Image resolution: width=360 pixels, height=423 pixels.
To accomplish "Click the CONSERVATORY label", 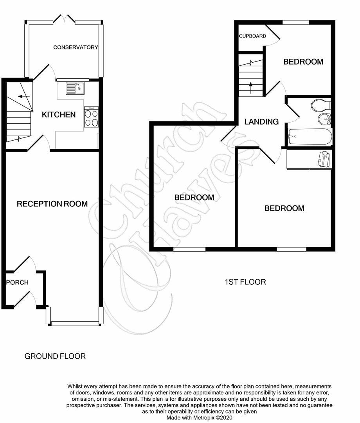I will [76, 47].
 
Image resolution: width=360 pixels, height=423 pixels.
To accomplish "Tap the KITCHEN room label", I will [59, 115].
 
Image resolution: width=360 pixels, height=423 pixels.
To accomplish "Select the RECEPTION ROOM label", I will [52, 204].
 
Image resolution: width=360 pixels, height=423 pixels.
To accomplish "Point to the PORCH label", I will [17, 282].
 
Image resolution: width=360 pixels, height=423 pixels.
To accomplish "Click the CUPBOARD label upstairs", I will [252, 36].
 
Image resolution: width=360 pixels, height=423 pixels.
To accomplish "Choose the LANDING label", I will [261, 122].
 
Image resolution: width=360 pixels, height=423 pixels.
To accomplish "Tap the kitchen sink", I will [75, 88].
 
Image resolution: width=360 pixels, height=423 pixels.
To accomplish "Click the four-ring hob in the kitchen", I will [91, 117].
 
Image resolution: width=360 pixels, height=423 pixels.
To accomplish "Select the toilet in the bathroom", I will [320, 105].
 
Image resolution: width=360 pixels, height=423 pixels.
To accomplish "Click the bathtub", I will [310, 136].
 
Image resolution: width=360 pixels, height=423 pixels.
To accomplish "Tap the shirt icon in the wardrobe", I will [324, 159].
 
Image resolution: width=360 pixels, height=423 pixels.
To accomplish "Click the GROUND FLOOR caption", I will [55, 356].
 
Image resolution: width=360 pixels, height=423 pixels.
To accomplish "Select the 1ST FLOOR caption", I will [245, 282].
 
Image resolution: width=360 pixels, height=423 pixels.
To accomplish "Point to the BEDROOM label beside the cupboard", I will [303, 61].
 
